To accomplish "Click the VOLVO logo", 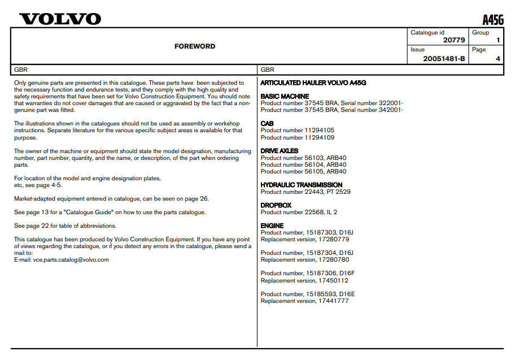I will (60, 19).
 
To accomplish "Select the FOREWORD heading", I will (195, 46).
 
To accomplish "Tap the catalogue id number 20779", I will (454, 41).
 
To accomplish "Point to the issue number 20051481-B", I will (444, 59).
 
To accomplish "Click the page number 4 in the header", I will (497, 59).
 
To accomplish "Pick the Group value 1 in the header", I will (497, 41).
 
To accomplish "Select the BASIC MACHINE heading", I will (285, 97).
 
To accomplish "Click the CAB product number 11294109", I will (320, 137).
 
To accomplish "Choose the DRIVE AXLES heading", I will (280, 151).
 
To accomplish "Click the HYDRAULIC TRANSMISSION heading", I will (301, 185).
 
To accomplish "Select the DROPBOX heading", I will (276, 205).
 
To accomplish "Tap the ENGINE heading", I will (272, 225).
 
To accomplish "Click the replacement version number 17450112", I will (333, 280).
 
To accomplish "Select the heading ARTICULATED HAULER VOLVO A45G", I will (313, 83).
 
